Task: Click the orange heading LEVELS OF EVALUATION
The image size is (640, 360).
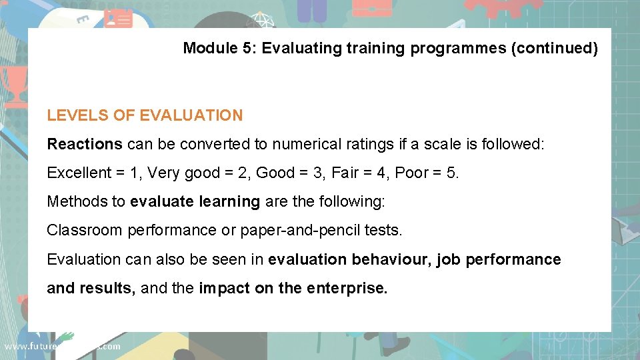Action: click(x=145, y=115)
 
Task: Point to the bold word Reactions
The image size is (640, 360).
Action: click(x=85, y=144)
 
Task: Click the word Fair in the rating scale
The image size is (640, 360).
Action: click(x=345, y=173)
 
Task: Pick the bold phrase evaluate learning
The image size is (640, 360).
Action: click(x=195, y=201)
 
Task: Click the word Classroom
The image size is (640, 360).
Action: click(x=84, y=230)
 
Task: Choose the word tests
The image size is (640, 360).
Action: click(x=383, y=230)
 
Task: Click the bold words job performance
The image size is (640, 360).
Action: click(x=499, y=259)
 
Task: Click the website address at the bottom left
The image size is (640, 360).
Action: click(x=62, y=346)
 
